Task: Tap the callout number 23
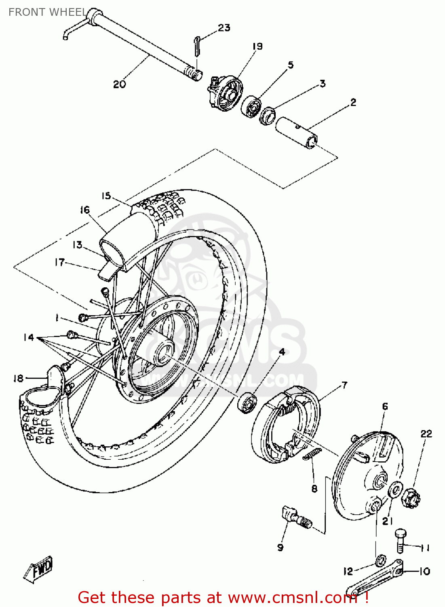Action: click(x=224, y=28)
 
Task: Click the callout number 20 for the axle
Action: click(x=119, y=84)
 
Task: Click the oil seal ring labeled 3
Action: click(x=267, y=116)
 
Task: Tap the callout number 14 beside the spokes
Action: click(x=28, y=337)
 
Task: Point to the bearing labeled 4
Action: click(x=247, y=403)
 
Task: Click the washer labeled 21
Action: click(x=395, y=491)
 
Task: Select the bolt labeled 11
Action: click(x=400, y=541)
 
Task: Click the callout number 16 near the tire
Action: click(x=84, y=210)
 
